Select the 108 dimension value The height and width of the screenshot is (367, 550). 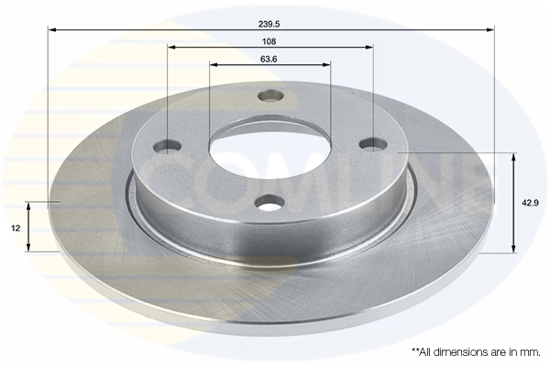pyautogui.click(x=270, y=41)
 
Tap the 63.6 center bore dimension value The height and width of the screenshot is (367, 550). pyautogui.click(x=269, y=59)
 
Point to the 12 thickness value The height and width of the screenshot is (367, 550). pyautogui.click(x=16, y=228)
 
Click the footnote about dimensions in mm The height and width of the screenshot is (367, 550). pyautogui.click(x=476, y=350)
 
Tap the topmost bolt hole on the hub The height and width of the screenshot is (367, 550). pyautogui.click(x=270, y=95)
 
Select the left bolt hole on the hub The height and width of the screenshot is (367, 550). pyautogui.click(x=169, y=145)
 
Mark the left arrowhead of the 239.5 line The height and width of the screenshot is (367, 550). pyautogui.click(x=51, y=29)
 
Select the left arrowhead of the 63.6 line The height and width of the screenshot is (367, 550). pyautogui.click(x=214, y=65)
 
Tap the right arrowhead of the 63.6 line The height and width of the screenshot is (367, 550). pyautogui.click(x=327, y=65)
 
